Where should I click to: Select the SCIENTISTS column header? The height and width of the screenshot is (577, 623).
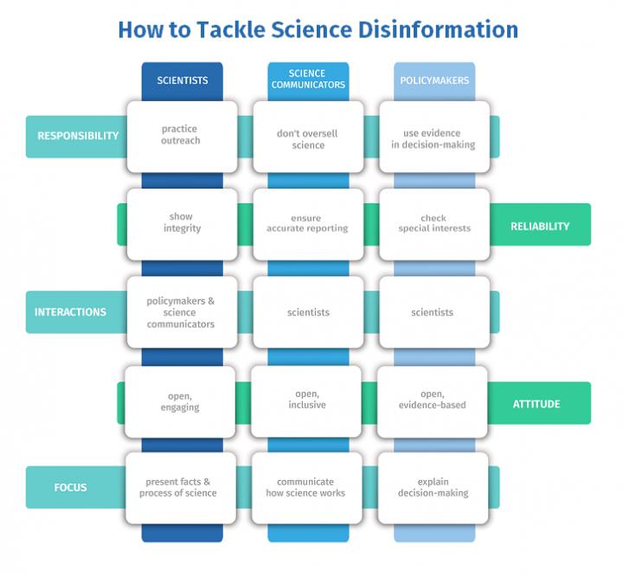(x=182, y=80)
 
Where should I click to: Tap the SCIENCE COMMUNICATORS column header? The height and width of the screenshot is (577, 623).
(x=308, y=80)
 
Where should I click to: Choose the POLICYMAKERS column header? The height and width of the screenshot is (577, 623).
(x=434, y=80)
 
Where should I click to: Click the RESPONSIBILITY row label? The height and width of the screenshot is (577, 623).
(x=77, y=136)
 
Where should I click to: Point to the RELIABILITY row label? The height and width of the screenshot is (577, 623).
(x=540, y=226)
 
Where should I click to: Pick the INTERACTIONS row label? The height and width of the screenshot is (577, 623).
(x=70, y=312)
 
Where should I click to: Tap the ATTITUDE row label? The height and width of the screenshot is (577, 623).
(x=536, y=404)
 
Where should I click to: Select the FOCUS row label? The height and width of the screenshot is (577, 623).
(x=70, y=487)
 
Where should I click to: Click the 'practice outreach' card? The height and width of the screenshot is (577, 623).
(x=181, y=136)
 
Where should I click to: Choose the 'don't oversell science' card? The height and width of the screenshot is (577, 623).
(x=307, y=139)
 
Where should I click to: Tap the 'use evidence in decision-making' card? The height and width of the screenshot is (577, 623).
(x=434, y=139)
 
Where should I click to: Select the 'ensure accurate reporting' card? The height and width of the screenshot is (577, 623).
(x=307, y=224)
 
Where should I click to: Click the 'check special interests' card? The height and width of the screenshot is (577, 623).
(x=434, y=224)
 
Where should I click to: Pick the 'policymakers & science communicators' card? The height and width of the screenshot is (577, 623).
(x=181, y=312)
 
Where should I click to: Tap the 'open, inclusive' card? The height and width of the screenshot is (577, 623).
(x=307, y=400)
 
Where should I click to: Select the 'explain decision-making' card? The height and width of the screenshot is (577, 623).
(x=434, y=487)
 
